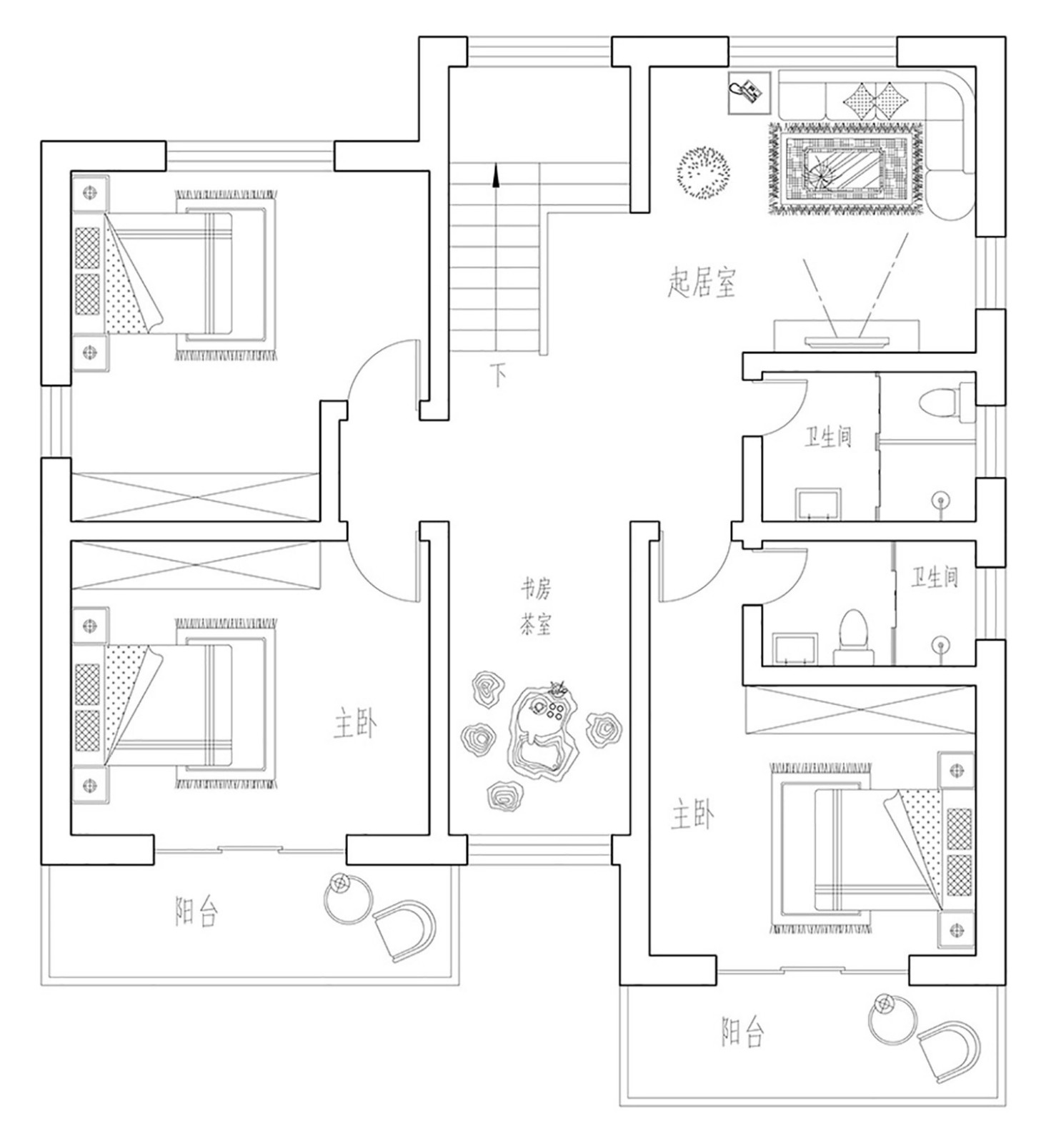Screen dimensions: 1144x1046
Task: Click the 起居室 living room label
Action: pos(701,282)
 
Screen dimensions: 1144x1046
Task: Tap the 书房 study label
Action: pos(535,590)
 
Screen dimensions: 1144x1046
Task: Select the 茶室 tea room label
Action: pos(535,626)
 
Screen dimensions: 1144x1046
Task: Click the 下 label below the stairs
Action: pos(498,374)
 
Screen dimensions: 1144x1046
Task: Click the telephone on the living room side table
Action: pos(747,92)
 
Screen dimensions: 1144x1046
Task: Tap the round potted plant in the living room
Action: pos(704,172)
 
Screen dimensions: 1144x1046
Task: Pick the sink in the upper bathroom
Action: pos(819,503)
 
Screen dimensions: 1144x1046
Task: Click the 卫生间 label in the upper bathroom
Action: pos(829,436)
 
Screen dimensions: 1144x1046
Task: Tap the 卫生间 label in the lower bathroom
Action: pos(935,577)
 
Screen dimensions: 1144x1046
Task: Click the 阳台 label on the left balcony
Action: pos(196,912)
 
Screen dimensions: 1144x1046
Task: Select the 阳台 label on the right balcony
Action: pos(743,1032)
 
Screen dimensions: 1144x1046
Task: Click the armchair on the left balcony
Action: pos(404,929)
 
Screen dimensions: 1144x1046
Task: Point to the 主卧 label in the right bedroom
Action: pos(692,815)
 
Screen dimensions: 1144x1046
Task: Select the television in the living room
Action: pos(847,340)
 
